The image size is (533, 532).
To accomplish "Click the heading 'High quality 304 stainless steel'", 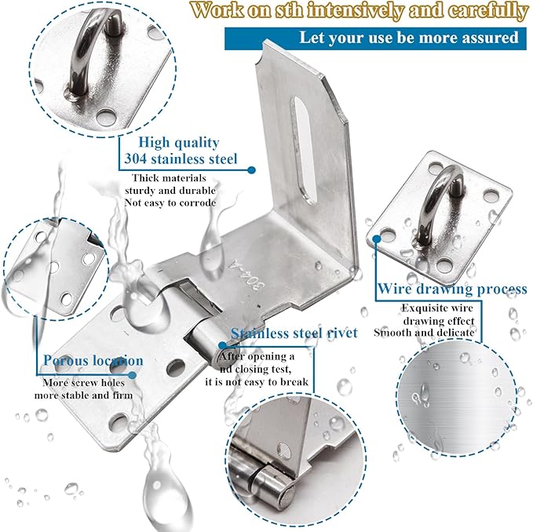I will [x=180, y=151].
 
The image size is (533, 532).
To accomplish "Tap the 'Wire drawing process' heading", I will [x=451, y=290].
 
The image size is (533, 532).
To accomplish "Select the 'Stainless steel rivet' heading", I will [x=294, y=333].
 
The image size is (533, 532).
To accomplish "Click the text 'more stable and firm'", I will [x=83, y=395].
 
